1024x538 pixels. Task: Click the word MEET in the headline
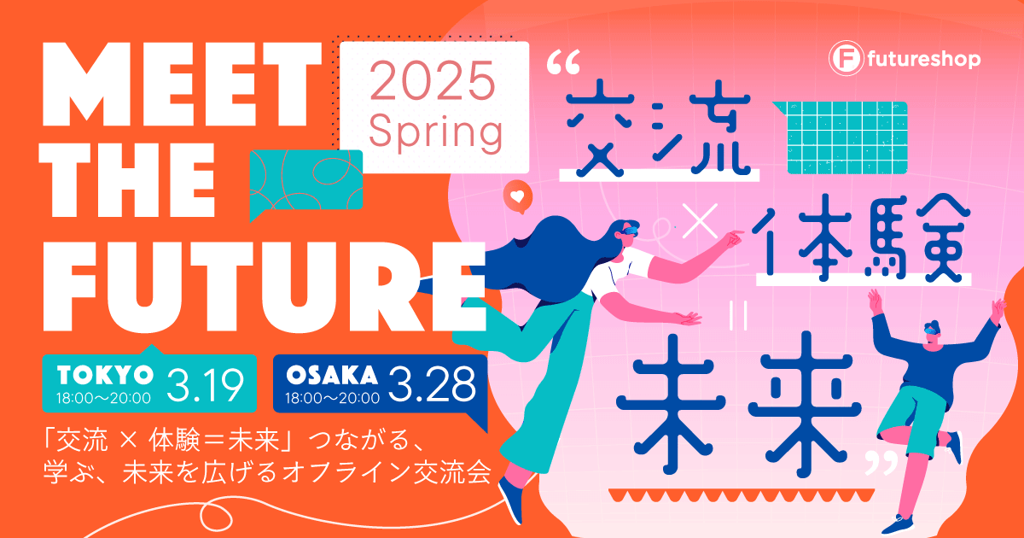182,85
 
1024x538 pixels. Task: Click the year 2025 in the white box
433,80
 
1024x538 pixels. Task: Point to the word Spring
435,132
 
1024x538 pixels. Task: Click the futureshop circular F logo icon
846,58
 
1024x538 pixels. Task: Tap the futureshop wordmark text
923,60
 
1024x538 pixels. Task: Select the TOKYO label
105,375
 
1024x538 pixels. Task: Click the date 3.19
206,385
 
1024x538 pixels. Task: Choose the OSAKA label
332,375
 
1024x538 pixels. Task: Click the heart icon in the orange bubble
517,196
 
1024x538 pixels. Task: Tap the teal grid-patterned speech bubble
845,137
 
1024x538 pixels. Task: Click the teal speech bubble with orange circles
305,182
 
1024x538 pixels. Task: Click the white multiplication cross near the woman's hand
700,220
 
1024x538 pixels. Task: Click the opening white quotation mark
563,62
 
